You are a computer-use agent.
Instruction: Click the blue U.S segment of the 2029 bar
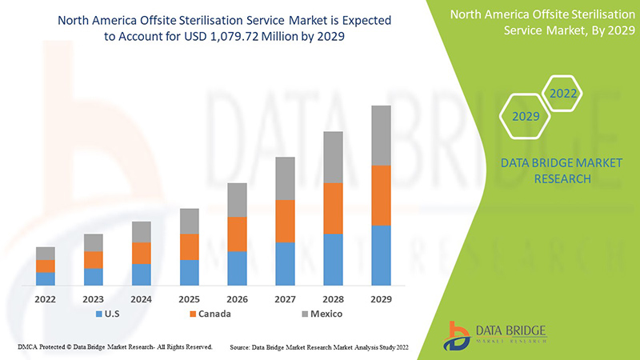tap(381, 255)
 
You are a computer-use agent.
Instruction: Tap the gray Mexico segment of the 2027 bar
tap(285, 178)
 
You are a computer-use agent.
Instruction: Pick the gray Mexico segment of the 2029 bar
tap(381, 135)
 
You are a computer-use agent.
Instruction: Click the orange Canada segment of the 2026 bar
tap(237, 234)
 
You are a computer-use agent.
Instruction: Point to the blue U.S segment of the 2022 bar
tap(46, 278)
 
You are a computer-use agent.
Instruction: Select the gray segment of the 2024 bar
tap(142, 232)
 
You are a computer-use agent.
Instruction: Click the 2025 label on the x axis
tap(189, 299)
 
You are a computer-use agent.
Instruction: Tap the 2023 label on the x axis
tap(94, 299)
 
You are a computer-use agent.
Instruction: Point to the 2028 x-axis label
tap(333, 299)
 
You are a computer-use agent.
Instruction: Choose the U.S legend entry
tap(110, 314)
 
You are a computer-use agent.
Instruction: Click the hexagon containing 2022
tap(563, 94)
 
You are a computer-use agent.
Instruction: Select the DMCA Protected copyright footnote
tap(114, 347)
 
